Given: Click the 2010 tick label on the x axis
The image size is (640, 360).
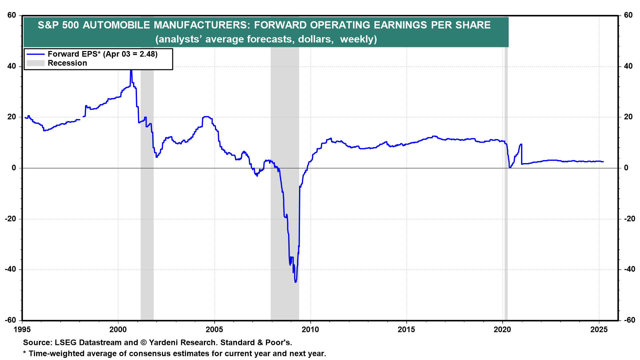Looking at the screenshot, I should coord(310,330).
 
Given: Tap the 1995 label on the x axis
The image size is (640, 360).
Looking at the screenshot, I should coord(22,330).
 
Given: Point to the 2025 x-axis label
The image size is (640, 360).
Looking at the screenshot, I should coord(599,330).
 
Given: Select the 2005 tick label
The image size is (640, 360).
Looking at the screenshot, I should coord(214,330).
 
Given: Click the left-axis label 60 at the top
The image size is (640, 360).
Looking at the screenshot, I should coord(12,15).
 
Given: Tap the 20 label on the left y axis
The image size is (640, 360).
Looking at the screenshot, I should coord(12,117).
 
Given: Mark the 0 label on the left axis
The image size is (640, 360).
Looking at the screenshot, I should coord(14,168).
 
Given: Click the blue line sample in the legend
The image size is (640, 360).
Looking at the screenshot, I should coord(35,54).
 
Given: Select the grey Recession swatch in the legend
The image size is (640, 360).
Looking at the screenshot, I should coord(35,63).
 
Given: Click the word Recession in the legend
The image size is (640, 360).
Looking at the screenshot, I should coord(67,63).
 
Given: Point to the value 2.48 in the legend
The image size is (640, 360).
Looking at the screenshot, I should coord(147,54).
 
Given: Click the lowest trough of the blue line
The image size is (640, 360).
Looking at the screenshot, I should coord(295,282).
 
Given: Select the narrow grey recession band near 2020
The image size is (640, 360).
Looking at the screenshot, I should coord(506,183).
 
